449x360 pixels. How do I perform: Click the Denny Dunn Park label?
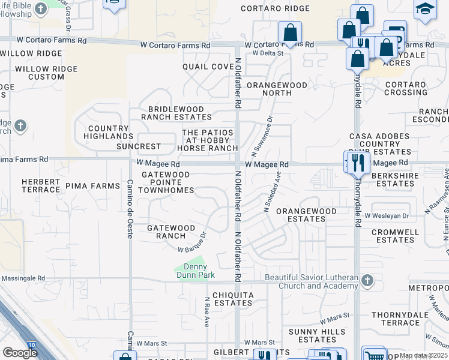pos(191,271)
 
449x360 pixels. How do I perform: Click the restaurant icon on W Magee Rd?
pos(358,162)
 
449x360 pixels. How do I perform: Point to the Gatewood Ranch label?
pos(171,232)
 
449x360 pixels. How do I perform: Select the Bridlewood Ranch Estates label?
pos(172,113)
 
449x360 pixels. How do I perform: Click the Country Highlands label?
pos(108,133)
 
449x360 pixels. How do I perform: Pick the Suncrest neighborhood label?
pos(139,146)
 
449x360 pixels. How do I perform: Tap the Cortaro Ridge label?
pos(275,8)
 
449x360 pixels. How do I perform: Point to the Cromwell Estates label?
pos(395,236)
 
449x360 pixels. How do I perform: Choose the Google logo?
pos(20,352)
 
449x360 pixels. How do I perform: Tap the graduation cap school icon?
pos(425,10)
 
